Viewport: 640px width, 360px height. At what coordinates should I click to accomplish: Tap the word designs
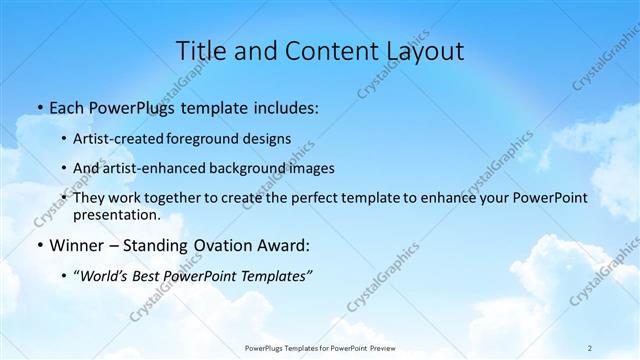(x=268, y=140)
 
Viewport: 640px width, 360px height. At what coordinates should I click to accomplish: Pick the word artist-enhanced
(x=153, y=169)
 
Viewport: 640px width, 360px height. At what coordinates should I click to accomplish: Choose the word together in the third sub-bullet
(x=189, y=198)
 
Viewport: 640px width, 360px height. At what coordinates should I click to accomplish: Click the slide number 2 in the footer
(x=590, y=347)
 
